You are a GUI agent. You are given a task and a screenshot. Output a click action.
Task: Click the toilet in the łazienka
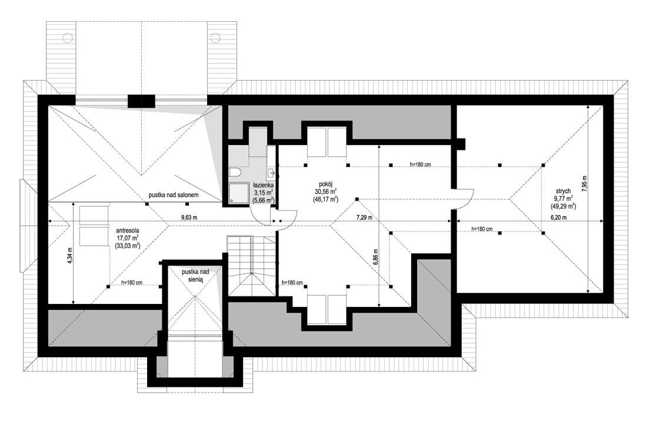[x=235, y=172]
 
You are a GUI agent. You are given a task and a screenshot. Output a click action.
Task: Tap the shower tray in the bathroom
[x=236, y=193]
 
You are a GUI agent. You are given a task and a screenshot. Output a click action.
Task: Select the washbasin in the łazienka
[x=271, y=172]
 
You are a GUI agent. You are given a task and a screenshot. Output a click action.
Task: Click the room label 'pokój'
[x=325, y=183]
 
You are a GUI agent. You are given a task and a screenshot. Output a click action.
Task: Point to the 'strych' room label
[x=565, y=191]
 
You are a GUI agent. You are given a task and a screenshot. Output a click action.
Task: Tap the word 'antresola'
[x=128, y=230]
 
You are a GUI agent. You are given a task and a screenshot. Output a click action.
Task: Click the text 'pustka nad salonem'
[x=174, y=195]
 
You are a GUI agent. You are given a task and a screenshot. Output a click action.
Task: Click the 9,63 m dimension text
[x=189, y=217]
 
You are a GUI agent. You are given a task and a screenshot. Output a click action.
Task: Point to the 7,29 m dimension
[x=364, y=217]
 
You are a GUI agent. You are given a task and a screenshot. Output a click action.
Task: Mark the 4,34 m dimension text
[x=69, y=256]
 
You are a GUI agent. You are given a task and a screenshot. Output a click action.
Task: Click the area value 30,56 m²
[x=326, y=192]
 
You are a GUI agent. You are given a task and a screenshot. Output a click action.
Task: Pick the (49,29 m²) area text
[x=565, y=206]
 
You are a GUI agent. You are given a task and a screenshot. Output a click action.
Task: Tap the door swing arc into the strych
[x=468, y=202]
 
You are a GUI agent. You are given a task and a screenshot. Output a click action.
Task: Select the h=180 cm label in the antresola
[x=132, y=283]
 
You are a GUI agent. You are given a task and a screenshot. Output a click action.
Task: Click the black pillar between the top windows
[x=141, y=102]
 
